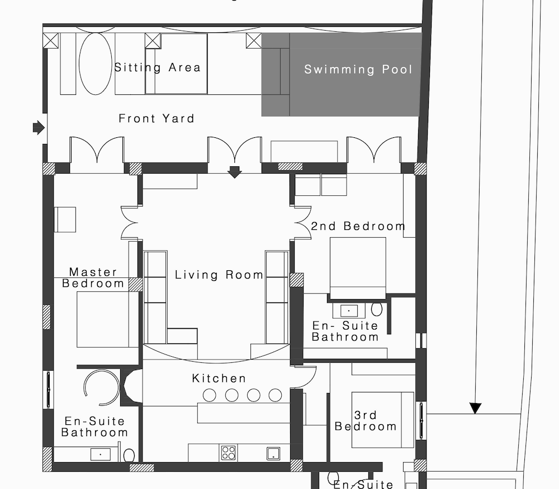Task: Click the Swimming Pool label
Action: click(358, 69)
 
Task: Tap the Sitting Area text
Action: click(157, 68)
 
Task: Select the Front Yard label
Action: click(157, 118)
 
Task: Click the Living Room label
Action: click(219, 275)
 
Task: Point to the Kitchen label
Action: click(219, 378)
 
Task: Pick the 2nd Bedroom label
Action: click(358, 226)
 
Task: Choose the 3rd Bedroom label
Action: click(366, 421)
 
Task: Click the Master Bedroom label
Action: click(93, 277)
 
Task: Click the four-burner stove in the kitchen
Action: click(228, 453)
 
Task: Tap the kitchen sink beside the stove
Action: click(273, 454)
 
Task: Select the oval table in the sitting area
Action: click(95, 64)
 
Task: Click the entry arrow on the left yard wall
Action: click(39, 127)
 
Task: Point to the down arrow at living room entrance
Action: click(234, 172)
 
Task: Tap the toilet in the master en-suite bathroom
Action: click(129, 455)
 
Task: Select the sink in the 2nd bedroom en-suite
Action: click(349, 311)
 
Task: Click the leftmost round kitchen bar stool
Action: click(209, 395)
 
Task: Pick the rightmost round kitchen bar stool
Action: click(275, 395)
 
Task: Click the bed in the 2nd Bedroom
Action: click(358, 268)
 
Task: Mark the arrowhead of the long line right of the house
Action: click(475, 408)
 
